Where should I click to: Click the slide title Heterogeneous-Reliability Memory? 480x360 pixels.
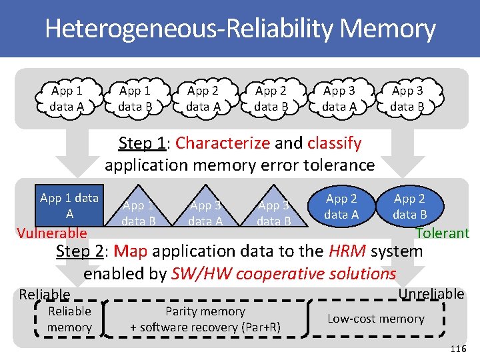pyautogui.click(x=240, y=29)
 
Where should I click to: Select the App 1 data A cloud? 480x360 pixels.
pyautogui.click(x=67, y=97)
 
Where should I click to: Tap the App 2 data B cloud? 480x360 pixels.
pyautogui.click(x=271, y=97)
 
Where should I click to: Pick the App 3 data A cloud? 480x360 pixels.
pyautogui.click(x=339, y=97)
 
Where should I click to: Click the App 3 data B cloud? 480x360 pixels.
pyautogui.click(x=407, y=97)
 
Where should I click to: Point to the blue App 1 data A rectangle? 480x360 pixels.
pyautogui.click(x=69, y=205)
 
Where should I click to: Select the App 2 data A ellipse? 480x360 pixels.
pyautogui.click(x=341, y=206)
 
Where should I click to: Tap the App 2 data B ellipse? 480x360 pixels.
pyautogui.click(x=409, y=206)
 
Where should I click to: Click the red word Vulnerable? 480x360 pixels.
pyautogui.click(x=52, y=233)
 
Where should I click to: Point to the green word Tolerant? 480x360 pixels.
pyautogui.click(x=443, y=233)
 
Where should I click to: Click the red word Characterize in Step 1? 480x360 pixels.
pyautogui.click(x=223, y=143)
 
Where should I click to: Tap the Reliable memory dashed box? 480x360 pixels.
pyautogui.click(x=69, y=319)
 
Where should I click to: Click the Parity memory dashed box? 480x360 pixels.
pyautogui.click(x=205, y=319)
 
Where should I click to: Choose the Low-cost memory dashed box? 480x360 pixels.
pyautogui.click(x=377, y=319)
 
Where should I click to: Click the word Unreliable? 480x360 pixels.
pyautogui.click(x=431, y=294)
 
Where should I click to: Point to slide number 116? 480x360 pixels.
pyautogui.click(x=458, y=349)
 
